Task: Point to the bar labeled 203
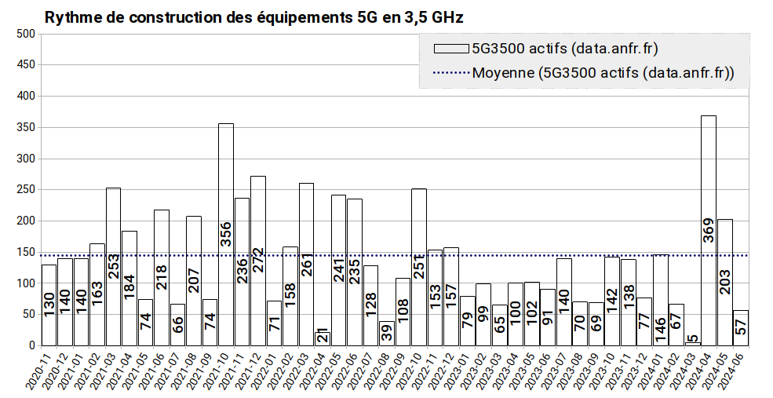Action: pos(725,251)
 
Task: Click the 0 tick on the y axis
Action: pos(31,345)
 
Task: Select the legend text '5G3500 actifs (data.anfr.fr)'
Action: pos(564,49)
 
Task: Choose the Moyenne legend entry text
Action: pos(603,74)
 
